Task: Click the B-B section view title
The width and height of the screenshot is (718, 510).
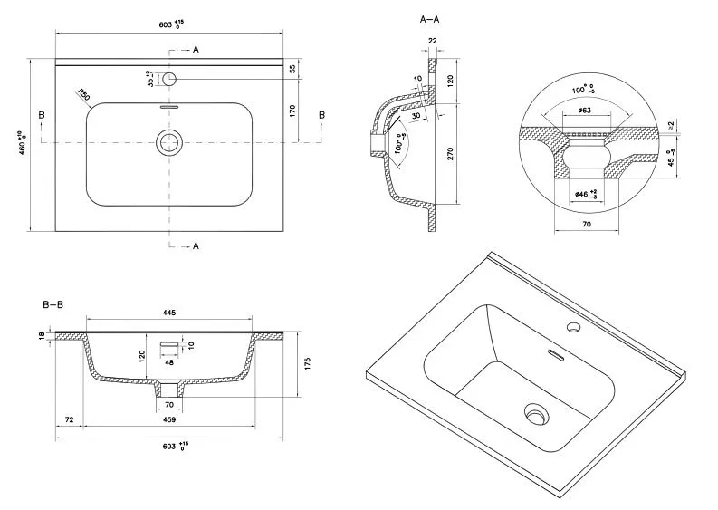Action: (x=52, y=304)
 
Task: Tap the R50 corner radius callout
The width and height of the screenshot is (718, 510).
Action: (x=82, y=93)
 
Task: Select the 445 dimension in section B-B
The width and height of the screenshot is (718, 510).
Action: (x=168, y=313)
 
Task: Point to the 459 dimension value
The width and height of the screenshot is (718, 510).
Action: (x=168, y=419)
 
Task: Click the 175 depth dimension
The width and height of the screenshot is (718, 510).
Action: (x=307, y=363)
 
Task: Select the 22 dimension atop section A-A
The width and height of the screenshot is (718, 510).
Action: (x=432, y=42)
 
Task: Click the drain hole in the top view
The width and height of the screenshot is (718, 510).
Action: (x=168, y=141)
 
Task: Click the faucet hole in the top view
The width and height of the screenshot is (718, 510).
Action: (x=168, y=79)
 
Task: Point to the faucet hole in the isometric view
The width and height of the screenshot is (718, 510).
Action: (x=573, y=324)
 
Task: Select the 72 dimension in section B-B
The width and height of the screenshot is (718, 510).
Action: (x=70, y=419)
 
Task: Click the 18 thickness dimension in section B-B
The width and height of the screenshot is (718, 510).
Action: (x=42, y=336)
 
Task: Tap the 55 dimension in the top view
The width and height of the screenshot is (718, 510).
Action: (x=292, y=68)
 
